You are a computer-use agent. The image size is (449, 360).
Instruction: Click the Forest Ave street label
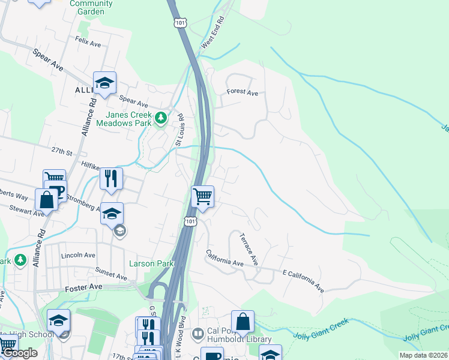[x=242, y=93]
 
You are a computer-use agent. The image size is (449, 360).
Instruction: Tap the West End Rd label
[x=213, y=33]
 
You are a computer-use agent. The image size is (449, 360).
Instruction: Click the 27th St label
[x=61, y=151]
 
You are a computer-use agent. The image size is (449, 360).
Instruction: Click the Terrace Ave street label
[x=249, y=249]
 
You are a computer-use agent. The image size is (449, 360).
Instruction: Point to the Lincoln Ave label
[x=79, y=255]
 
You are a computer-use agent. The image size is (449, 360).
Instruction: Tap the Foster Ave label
[x=83, y=287]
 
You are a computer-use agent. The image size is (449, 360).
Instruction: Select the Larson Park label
[x=151, y=263]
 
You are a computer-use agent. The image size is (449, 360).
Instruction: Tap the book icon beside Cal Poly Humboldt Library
[x=197, y=332]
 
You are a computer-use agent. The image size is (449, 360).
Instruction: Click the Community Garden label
[x=91, y=7]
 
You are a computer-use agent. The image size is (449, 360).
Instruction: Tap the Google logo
[x=19, y=353]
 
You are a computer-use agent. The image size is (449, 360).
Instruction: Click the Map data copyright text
[x=422, y=355]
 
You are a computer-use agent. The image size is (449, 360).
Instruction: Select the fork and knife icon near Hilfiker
[x=111, y=178]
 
